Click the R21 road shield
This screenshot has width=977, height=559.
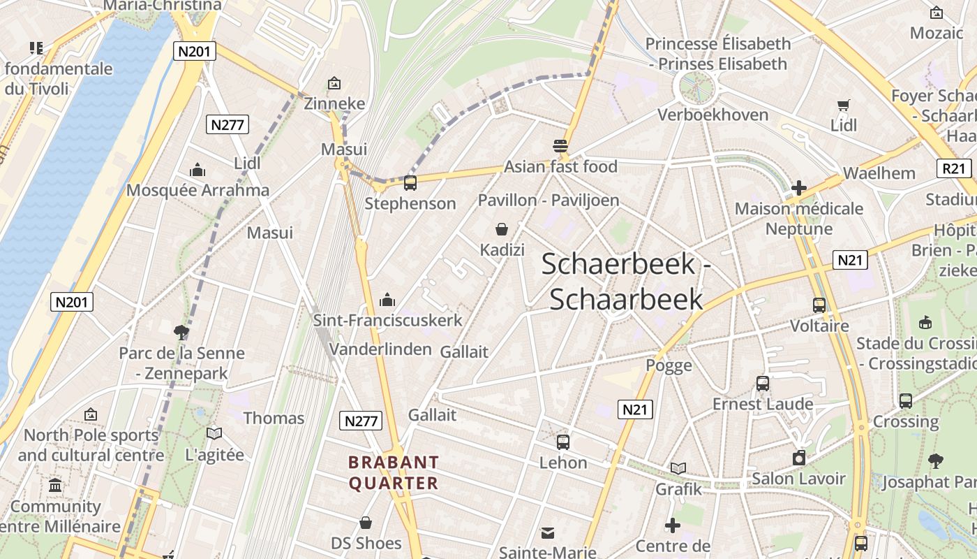(x=953, y=168)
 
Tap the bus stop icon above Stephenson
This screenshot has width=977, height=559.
(x=410, y=184)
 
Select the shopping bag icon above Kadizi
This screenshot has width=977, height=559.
(x=501, y=229)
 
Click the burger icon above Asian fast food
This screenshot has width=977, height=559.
(x=560, y=146)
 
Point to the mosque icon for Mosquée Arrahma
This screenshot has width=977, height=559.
(x=197, y=170)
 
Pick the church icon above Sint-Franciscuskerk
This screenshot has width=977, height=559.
(x=387, y=300)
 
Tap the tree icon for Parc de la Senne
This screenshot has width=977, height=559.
(x=181, y=333)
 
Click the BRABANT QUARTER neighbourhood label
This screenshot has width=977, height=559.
(x=394, y=472)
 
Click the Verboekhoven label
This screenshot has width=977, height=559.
(x=713, y=115)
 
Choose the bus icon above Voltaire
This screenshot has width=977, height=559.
(x=819, y=305)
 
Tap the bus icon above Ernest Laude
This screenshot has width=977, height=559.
(x=763, y=384)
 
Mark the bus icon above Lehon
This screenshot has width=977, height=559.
(x=563, y=442)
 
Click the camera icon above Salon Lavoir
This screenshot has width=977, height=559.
(x=799, y=458)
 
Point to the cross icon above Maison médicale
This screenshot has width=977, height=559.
(x=799, y=188)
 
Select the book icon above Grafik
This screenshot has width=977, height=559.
(x=678, y=469)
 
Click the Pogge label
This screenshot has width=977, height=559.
(x=669, y=365)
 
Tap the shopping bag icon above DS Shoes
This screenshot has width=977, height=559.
(x=366, y=523)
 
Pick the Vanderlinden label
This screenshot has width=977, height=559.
(x=380, y=349)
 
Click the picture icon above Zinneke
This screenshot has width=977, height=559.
(x=334, y=83)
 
